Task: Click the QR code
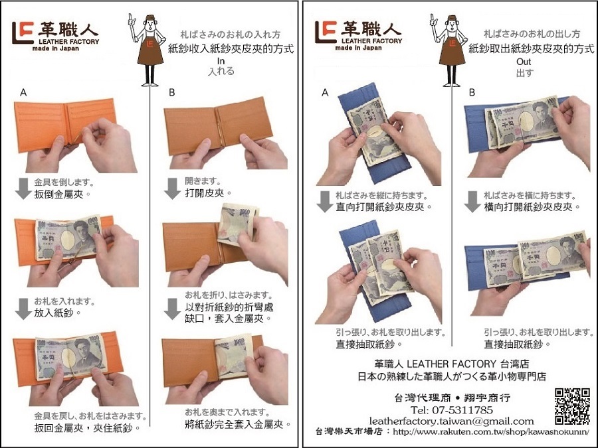(x=572, y=406)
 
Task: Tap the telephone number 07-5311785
(x=452, y=410)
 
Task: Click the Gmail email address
(x=451, y=421)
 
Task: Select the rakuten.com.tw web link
(x=491, y=432)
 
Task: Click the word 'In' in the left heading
(x=221, y=61)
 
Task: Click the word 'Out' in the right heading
(x=524, y=62)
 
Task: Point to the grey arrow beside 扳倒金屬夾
(x=23, y=188)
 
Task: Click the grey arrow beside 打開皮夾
(x=172, y=188)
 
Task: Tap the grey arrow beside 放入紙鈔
(x=23, y=309)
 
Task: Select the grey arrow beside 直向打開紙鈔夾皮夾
(x=324, y=202)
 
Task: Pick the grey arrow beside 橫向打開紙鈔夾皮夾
(x=472, y=202)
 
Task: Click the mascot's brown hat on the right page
(x=452, y=18)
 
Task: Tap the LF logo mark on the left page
(x=23, y=33)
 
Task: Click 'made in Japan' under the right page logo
(x=358, y=48)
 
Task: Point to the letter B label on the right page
(x=472, y=92)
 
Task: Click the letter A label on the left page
(x=23, y=92)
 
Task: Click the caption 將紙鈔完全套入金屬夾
(x=238, y=424)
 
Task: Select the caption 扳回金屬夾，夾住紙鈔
(x=87, y=428)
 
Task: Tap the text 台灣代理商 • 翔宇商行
(x=452, y=398)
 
